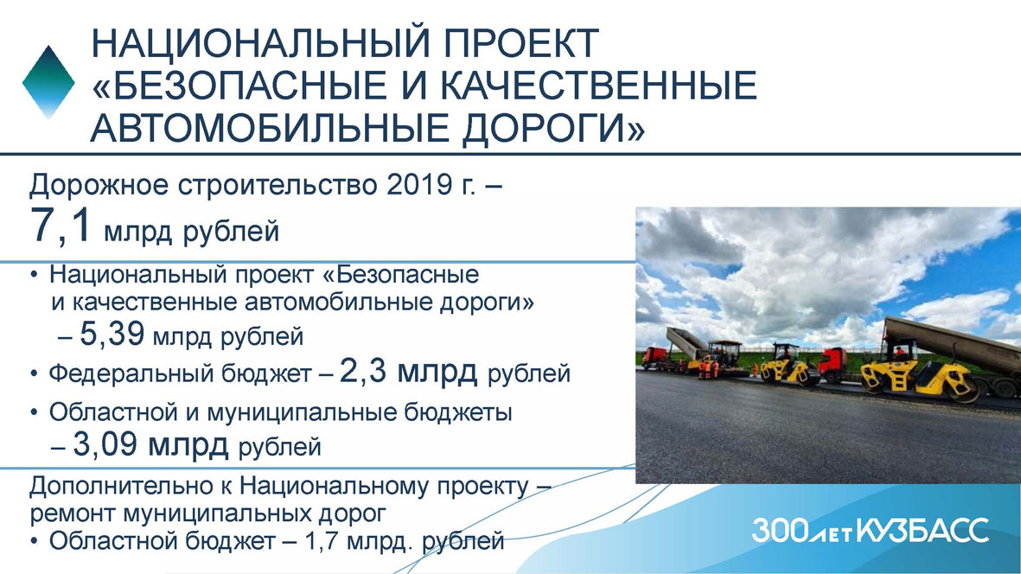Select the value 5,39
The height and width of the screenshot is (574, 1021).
tap(112, 334)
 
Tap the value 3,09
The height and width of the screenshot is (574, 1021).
tap(105, 444)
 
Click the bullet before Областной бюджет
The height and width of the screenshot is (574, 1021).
tap(34, 541)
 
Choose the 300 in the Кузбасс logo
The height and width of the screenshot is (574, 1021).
tap(780, 531)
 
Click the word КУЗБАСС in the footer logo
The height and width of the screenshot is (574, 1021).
tap(922, 531)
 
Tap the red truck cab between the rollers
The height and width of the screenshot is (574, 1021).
tap(833, 365)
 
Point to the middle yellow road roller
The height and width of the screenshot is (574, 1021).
tap(790, 365)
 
